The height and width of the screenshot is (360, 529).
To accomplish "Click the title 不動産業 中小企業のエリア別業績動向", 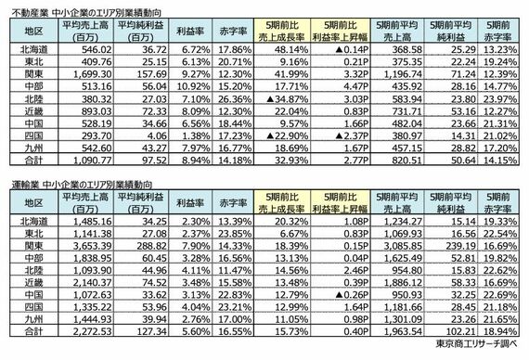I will pos(88,8).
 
